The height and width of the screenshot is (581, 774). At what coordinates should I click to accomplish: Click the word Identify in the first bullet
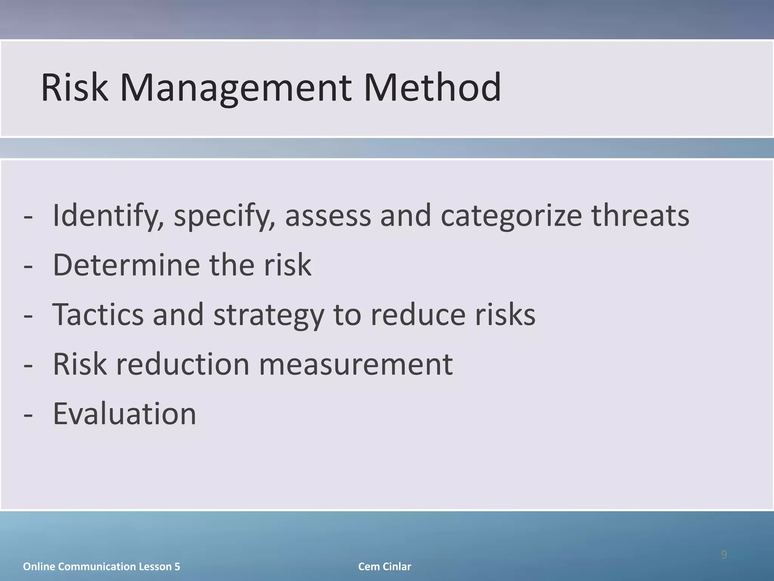coord(108,216)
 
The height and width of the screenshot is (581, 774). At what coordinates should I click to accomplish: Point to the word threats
coord(640,216)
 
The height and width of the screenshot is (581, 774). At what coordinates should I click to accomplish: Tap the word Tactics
coord(98,315)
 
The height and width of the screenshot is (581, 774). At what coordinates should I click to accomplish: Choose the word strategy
coord(269,315)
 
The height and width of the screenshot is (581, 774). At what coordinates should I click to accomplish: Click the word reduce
coord(418,315)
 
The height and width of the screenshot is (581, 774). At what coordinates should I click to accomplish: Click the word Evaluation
coord(124,414)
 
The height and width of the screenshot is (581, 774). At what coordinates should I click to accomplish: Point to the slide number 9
coord(724,555)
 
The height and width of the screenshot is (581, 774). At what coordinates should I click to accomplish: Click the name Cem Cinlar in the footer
coord(384,567)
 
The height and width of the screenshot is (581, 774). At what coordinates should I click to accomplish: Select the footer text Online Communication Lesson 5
coord(101,567)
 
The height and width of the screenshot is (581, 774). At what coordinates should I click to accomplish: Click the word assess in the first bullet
coord(328,216)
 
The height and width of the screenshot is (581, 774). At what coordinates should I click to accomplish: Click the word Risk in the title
coord(74,88)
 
